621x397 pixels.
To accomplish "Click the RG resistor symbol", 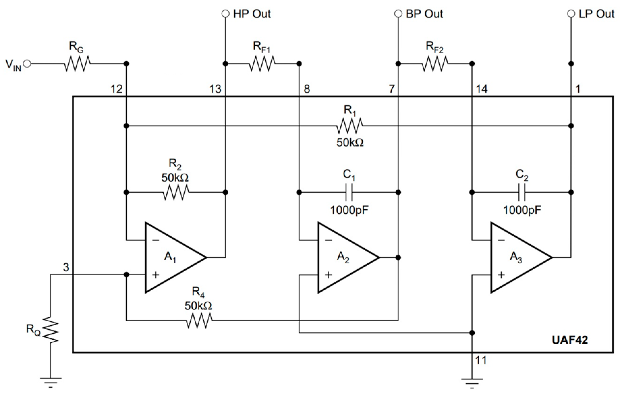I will [77, 64].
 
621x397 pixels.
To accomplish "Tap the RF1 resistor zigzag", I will [262, 64].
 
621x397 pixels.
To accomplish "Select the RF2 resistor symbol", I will [435, 64].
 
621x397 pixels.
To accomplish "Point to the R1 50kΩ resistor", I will [350, 126].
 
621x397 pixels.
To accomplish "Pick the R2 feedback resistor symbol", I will [176, 192].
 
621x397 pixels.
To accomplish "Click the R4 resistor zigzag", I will [199, 320].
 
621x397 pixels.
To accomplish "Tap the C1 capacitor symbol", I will [349, 192].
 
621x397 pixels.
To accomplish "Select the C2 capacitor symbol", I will [522, 192].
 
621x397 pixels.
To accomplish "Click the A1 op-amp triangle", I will [171, 257].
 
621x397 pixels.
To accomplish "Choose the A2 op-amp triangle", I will [344, 257].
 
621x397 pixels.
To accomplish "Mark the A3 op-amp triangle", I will [517, 257].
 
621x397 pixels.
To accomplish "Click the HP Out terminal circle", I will [225, 14].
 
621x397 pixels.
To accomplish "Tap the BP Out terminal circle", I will [398, 14].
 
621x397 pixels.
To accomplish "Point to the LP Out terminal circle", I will [571, 14].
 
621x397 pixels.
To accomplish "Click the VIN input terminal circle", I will [27, 64].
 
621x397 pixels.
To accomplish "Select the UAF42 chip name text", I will [570, 340].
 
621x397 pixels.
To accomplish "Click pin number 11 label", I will [481, 360].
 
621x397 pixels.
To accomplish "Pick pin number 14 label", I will [482, 89].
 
